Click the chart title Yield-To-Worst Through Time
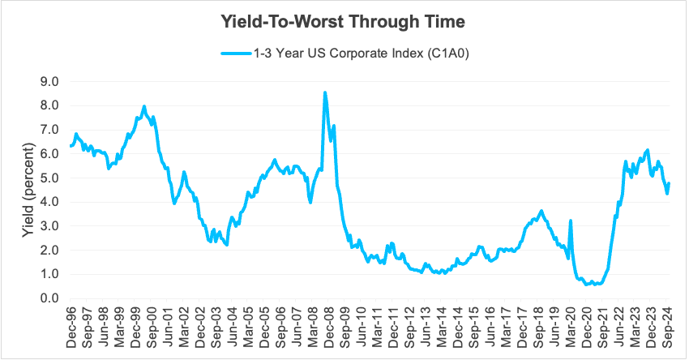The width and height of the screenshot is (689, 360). pyautogui.click(x=344, y=22)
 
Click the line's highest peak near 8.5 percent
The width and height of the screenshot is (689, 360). pyautogui.click(x=325, y=92)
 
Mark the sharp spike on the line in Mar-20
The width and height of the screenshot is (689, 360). pyautogui.click(x=571, y=221)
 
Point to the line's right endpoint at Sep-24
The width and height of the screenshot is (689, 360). pyautogui.click(x=669, y=183)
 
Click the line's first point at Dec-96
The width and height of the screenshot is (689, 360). pyautogui.click(x=71, y=146)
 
